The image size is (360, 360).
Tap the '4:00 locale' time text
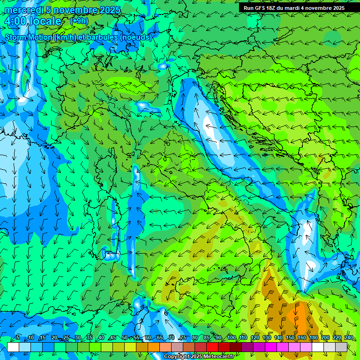(x=33, y=21)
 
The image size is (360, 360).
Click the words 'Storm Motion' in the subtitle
(x=29, y=37)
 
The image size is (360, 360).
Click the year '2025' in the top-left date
(x=107, y=10)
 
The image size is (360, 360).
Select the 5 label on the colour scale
(x=18, y=337)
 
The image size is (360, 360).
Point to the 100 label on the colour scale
(x=231, y=337)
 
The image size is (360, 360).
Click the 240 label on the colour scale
(x=348, y=337)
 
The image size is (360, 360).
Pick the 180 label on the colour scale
(x=313, y=337)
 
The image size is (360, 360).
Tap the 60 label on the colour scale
(x=148, y=337)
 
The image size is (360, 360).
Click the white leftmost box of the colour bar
(x=13, y=347)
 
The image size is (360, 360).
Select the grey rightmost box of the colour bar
(x=341, y=347)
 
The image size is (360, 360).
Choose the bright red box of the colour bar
(x=212, y=347)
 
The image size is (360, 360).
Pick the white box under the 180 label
(x=318, y=347)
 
